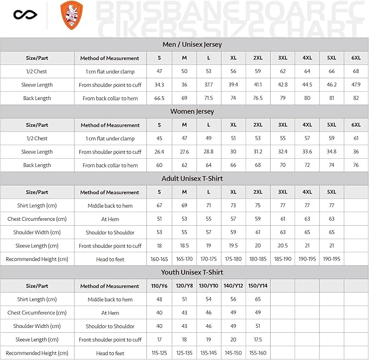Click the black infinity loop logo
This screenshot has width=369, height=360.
pyautogui.click(x=22, y=15)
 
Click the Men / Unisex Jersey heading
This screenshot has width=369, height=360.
pyautogui.click(x=184, y=45)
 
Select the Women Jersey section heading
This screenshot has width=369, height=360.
pyautogui.click(x=184, y=111)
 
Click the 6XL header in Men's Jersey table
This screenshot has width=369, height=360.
pyautogui.click(x=356, y=58)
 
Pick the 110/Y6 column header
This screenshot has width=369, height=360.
pyautogui.click(x=159, y=286)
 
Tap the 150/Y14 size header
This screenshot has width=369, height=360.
pyautogui.click(x=258, y=286)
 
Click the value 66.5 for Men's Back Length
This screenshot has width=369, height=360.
pyautogui.click(x=159, y=98)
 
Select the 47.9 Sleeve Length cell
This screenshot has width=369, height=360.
pyautogui.click(x=356, y=85)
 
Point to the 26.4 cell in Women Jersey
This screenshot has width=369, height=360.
pyautogui.click(x=159, y=152)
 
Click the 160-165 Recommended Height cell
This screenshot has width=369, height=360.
pyautogui.click(x=159, y=259)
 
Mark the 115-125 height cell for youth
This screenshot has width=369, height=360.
pyautogui.click(x=159, y=353)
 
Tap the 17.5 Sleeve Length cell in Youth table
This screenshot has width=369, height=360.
pyautogui.click(x=258, y=340)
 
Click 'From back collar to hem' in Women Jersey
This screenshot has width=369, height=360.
pyautogui.click(x=110, y=165)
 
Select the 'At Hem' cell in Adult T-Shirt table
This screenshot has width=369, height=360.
pyautogui.click(x=110, y=219)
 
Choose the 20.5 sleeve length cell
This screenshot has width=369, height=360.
pyautogui.click(x=283, y=246)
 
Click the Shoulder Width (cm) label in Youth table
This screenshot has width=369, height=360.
pyautogui.click(x=37, y=326)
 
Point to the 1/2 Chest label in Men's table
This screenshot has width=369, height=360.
pyautogui.click(x=37, y=71)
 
